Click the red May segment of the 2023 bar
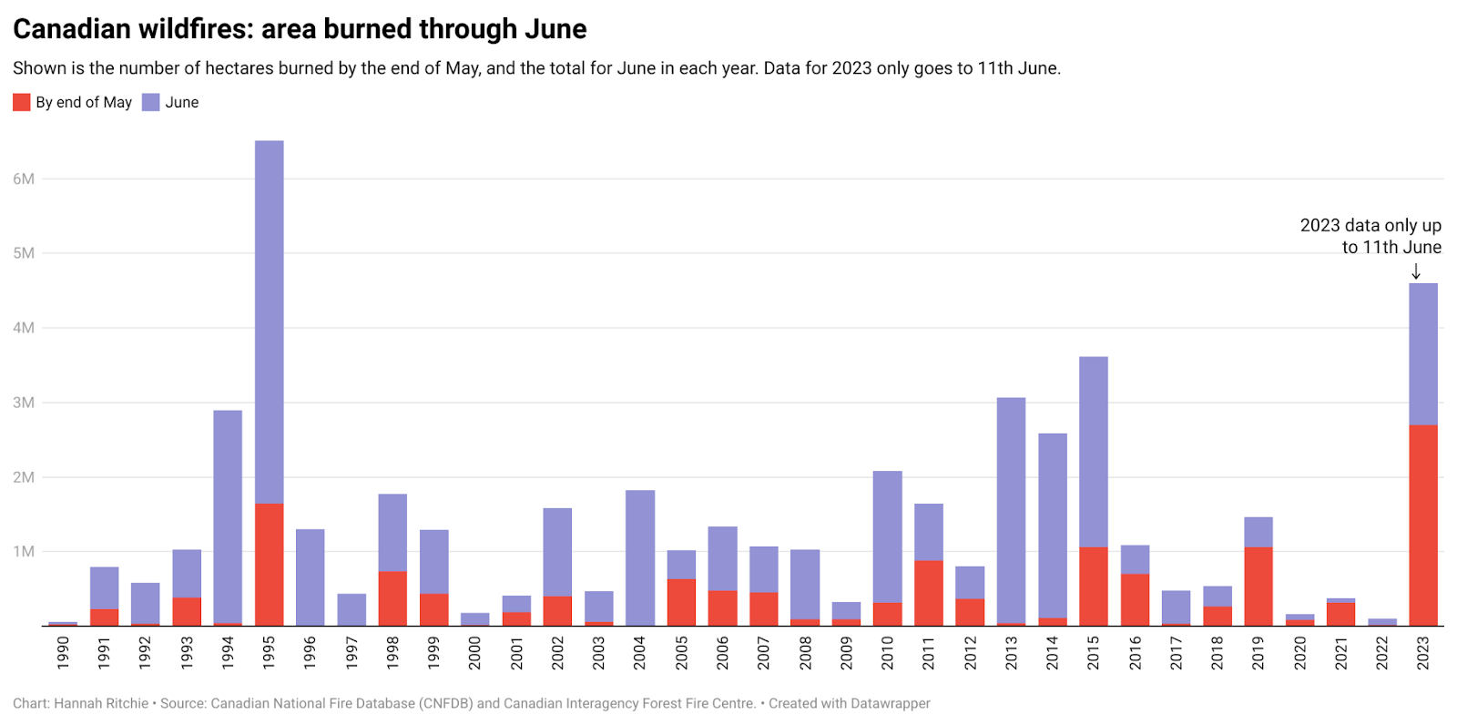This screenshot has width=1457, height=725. click(x=1422, y=526)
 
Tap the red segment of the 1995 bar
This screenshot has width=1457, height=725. click(x=269, y=565)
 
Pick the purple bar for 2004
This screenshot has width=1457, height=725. click(x=640, y=557)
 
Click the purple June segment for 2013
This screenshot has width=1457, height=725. click(x=1011, y=510)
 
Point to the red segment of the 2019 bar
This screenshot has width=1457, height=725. click(x=1258, y=587)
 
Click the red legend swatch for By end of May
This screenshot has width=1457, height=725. click(x=22, y=102)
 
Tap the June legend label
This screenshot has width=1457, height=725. click(x=181, y=102)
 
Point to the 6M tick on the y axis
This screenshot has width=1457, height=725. click(x=24, y=179)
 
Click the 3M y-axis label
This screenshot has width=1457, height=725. click(x=24, y=403)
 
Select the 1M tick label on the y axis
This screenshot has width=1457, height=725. click(x=24, y=552)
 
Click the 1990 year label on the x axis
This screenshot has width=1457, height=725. click(x=63, y=653)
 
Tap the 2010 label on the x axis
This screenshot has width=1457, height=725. click(x=887, y=653)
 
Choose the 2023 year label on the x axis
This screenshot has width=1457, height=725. click(x=1422, y=653)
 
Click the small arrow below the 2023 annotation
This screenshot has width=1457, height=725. click(x=1416, y=271)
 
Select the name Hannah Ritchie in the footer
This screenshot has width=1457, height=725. click(x=101, y=703)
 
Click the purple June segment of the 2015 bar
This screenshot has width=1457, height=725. click(x=1093, y=452)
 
